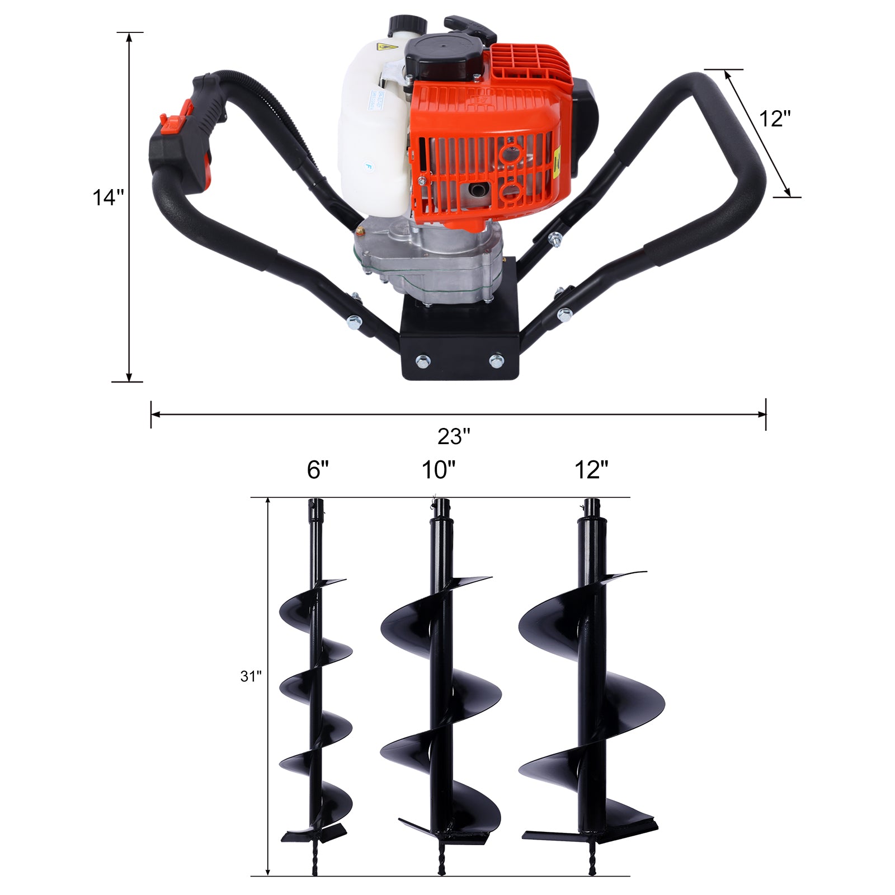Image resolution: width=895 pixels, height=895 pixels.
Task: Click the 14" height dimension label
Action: tap(107, 197)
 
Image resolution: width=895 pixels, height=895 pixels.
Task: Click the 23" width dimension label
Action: tap(454, 436)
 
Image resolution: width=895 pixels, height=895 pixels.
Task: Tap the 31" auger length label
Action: tap(251, 676)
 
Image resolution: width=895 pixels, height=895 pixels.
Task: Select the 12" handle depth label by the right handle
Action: tap(775, 119)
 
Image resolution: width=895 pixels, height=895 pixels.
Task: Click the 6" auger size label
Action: tap(318, 470)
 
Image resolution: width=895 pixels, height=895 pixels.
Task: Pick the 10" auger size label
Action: tap(439, 470)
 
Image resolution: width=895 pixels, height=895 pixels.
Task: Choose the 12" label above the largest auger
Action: tap(591, 470)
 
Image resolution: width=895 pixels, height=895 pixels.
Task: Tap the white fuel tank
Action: tap(369, 140)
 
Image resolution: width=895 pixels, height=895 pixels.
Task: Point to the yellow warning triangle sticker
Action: tap(385, 48)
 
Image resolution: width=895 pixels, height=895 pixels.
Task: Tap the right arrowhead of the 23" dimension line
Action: tap(762, 414)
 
